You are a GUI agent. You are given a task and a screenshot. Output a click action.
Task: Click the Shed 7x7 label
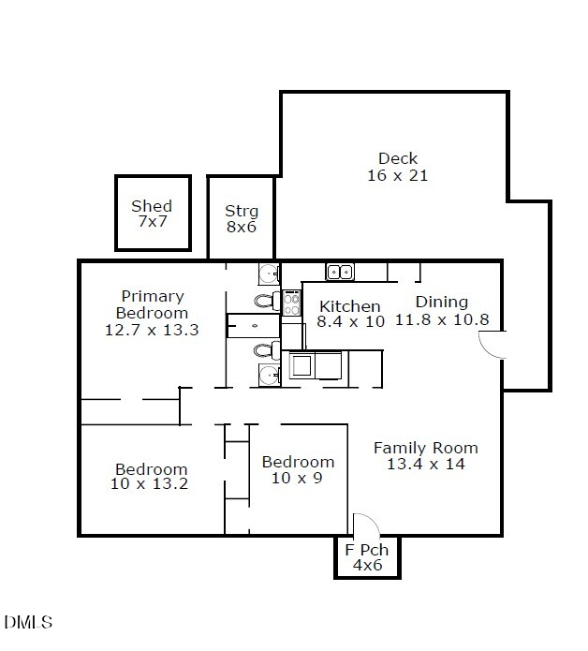coord(152,214)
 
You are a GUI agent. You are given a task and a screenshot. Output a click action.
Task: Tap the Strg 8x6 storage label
coord(241,219)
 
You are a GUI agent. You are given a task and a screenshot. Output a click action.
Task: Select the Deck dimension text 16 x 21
coord(398,175)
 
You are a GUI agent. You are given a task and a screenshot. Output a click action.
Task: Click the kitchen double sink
coord(340,272)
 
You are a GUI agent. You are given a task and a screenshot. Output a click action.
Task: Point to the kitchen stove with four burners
coord(291,303)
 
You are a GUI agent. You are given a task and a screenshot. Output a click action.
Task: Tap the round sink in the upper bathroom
coord(269,274)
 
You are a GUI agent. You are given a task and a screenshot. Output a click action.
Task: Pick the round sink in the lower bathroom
coord(269,377)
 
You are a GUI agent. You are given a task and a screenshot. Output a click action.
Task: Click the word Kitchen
coord(350,306)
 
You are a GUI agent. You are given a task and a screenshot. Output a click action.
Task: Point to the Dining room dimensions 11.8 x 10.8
coord(442,319)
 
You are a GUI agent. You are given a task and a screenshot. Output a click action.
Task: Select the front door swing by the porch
coord(363,525)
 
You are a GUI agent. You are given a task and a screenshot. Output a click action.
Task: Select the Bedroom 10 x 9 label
coord(298,469)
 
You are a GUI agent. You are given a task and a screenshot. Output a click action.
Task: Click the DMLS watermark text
coord(29,622)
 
